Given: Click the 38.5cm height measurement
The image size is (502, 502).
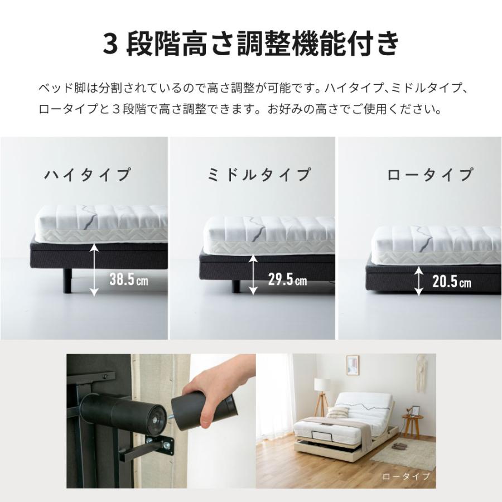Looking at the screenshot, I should [x=128, y=279].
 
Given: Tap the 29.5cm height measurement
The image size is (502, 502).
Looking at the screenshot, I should [x=287, y=279].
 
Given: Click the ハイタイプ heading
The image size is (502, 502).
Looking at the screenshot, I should [x=88, y=175].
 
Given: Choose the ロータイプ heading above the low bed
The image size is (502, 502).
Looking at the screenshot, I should [x=429, y=175].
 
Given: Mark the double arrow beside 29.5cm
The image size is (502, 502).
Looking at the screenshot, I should [x=254, y=274].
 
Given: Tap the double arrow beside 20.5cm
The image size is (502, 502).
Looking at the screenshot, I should [x=418, y=280].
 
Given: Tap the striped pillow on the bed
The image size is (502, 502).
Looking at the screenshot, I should [x=337, y=412].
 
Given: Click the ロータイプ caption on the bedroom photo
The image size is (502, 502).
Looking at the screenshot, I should [x=406, y=477].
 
